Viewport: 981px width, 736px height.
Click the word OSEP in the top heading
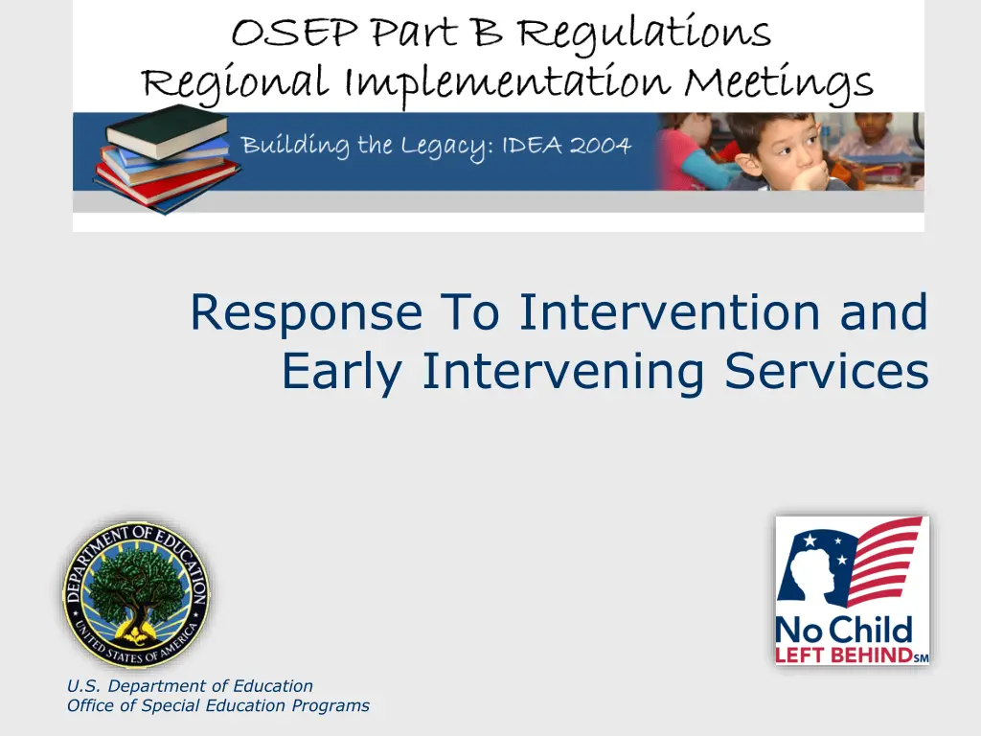coord(294,33)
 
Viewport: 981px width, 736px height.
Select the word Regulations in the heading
coord(645,34)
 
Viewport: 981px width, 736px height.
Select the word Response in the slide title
coord(307,313)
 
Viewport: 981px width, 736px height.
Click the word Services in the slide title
coord(827,371)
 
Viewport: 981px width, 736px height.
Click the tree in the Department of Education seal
coord(136,589)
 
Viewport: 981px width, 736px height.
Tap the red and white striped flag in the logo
coord(882,560)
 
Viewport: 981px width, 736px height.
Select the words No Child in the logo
coord(843,631)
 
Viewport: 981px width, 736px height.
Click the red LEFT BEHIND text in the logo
coord(843,655)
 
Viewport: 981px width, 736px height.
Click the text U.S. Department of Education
coord(190,686)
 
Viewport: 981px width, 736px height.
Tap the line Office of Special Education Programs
coord(217,706)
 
